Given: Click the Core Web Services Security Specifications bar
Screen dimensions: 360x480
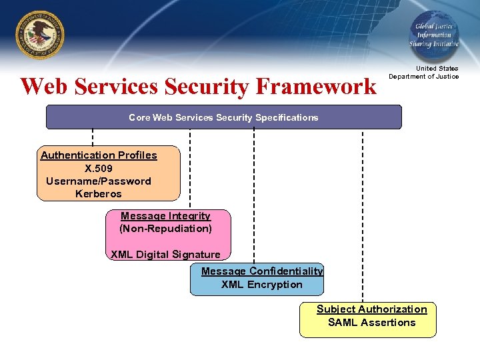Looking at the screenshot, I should click(223, 117).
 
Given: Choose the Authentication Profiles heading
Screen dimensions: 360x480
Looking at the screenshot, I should click(99, 155).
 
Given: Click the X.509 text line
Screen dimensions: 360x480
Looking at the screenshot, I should click(99, 168).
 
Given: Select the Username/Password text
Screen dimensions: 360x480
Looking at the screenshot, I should click(99, 181).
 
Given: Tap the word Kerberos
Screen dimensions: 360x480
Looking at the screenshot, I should click(99, 193).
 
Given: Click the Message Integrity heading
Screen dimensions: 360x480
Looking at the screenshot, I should click(165, 216).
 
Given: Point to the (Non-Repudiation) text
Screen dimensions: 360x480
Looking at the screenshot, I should click(165, 229).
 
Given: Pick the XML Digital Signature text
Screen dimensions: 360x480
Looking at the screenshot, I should click(165, 254).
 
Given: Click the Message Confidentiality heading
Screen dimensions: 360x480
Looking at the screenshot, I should click(262, 271).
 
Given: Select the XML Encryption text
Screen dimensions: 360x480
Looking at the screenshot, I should click(262, 284).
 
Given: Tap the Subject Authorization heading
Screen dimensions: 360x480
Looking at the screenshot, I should click(371, 309).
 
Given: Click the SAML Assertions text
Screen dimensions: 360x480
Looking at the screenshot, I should click(371, 322).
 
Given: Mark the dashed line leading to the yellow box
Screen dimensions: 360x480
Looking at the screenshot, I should click(363, 213).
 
